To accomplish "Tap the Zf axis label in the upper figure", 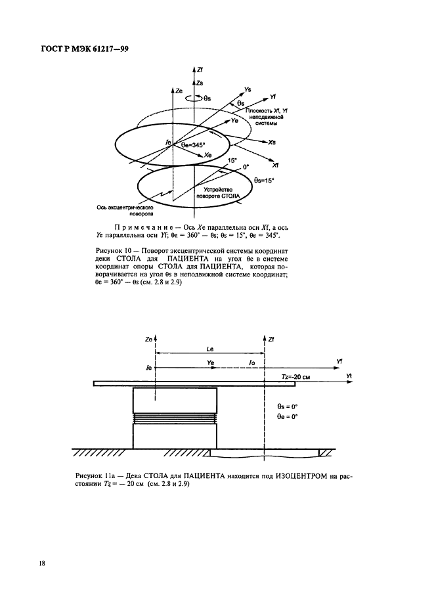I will click(x=200, y=69).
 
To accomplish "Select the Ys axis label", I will click(x=246, y=89).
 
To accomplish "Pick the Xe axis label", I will click(x=207, y=155).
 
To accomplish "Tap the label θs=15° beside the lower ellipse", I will click(x=265, y=179).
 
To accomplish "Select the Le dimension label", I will click(x=209, y=351).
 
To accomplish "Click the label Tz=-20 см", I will click(x=288, y=375).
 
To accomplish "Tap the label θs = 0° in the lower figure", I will click(x=288, y=406).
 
